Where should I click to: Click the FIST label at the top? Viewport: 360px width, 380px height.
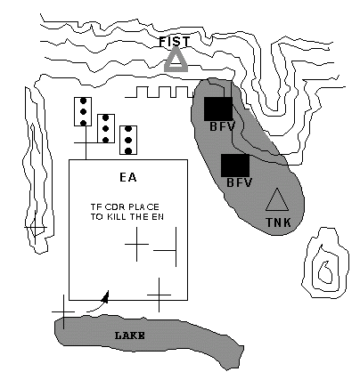[x=175, y=42]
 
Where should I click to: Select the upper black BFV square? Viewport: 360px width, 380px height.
[x=218, y=109]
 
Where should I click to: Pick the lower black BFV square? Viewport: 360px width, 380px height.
[x=235, y=166]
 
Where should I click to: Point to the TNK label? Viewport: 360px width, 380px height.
[x=278, y=222]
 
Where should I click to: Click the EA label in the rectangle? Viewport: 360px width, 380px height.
[x=128, y=177]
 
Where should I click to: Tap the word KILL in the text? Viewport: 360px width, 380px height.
[x=116, y=217]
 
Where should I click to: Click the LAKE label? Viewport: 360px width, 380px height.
[x=130, y=336]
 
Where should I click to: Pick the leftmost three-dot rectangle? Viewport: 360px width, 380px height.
[x=83, y=111]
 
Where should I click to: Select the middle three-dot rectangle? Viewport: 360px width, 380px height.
[x=106, y=128]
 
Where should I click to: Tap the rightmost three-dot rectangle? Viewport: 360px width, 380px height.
[x=128, y=140]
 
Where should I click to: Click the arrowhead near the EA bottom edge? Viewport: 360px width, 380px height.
[x=105, y=297]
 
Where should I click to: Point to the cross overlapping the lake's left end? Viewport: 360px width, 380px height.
[x=63, y=311]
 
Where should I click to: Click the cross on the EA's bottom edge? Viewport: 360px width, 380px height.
[x=159, y=295]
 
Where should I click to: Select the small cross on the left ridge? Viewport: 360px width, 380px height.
[x=36, y=228]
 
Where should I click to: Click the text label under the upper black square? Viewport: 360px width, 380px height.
[x=223, y=126]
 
